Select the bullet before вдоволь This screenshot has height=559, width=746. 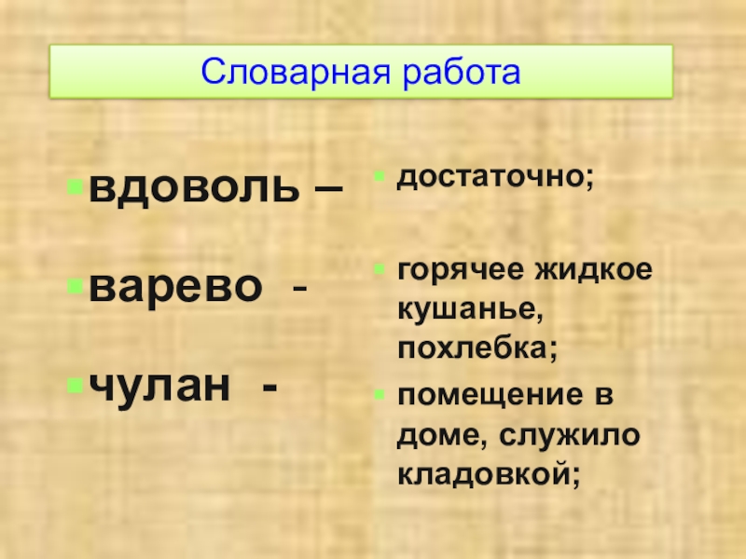73,188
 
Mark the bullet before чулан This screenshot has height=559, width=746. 73,382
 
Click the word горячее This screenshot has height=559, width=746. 460,272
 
